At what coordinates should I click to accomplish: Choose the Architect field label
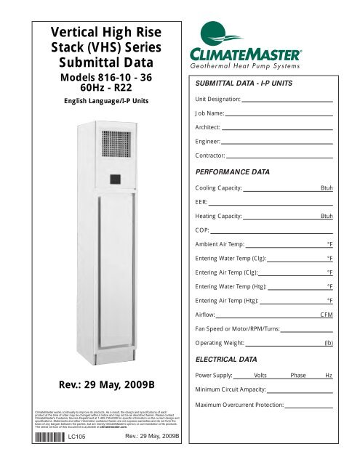pos(209,127)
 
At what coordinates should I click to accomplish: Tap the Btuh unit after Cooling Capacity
pos(327,188)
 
